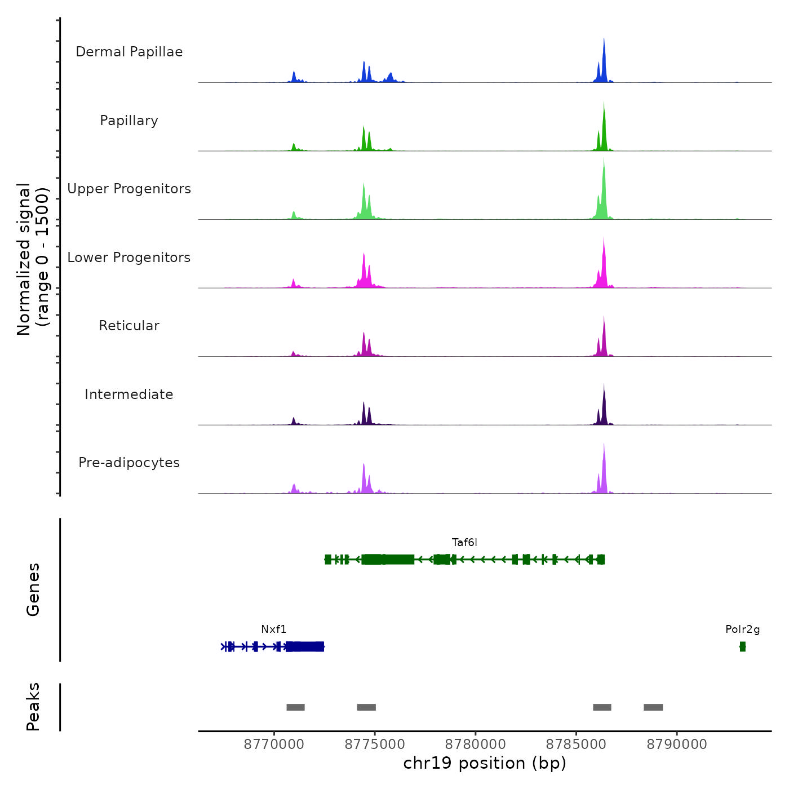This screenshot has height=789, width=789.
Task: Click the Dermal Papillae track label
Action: point(129,52)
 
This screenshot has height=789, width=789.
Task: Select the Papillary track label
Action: point(129,121)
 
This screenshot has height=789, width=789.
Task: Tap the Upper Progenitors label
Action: point(129,189)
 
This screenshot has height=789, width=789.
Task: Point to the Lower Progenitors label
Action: point(129,258)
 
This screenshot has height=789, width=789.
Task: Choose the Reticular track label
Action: point(129,326)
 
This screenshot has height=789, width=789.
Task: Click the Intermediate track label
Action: point(129,394)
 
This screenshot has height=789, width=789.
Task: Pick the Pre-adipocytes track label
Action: point(129,463)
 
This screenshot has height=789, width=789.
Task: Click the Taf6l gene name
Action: point(464,543)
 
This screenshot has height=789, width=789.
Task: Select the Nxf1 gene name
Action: point(273,630)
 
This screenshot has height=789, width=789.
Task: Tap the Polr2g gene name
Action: point(742,630)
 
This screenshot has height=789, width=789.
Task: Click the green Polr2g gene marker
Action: point(742,646)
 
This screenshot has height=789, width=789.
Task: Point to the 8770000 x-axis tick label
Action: point(274,744)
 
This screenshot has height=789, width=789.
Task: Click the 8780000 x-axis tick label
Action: point(476,744)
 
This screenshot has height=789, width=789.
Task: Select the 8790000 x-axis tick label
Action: point(677,744)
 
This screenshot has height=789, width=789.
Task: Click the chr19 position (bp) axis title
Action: point(485,763)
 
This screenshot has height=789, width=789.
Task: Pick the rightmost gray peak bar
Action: point(653,707)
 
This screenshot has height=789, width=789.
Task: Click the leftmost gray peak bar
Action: point(295,707)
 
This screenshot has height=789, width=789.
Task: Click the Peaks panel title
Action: point(33,707)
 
